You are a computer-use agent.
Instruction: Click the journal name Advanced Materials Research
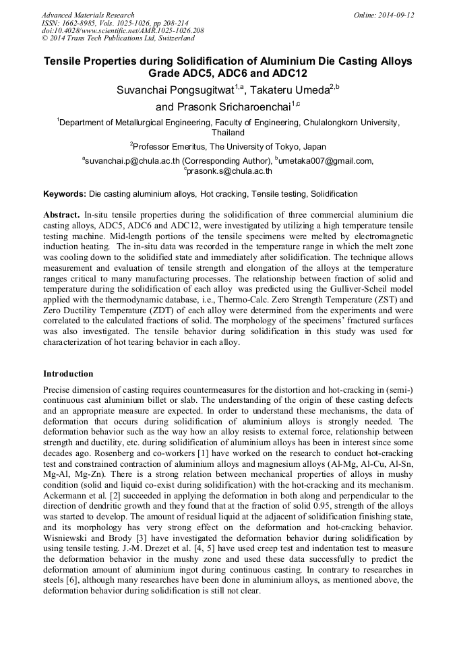pos(88,15)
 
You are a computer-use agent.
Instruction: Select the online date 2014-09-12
pos(396,15)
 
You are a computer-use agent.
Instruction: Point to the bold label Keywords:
pos(65,194)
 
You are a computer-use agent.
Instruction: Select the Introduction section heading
pos(68,374)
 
